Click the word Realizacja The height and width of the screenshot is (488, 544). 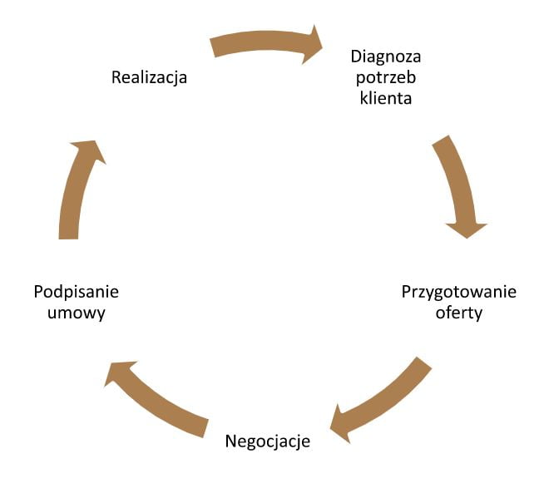[149, 78]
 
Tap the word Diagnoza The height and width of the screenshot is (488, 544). [385, 57]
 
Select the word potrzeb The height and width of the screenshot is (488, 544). [385, 78]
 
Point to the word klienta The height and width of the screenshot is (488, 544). [385, 97]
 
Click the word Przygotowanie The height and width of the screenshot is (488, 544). [459, 292]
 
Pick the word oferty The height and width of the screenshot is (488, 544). [459, 313]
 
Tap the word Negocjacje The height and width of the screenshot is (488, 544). [267, 441]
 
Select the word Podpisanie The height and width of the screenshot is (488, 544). [77, 292]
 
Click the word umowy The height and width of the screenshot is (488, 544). [77, 313]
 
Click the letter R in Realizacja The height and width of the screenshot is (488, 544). [116, 78]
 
